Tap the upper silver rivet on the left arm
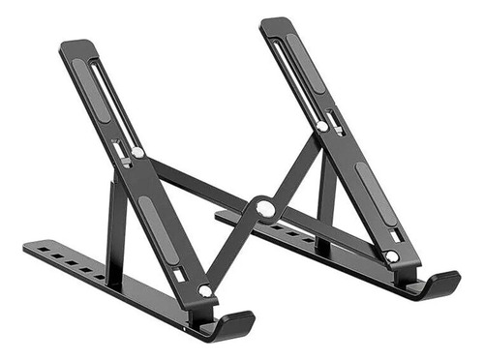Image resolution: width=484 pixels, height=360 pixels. coord(138,152)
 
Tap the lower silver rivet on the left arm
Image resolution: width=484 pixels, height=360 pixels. coord(204,290)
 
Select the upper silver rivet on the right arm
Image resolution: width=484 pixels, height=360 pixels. coord(321,125)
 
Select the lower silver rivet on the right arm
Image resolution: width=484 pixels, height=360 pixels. coord(391,255)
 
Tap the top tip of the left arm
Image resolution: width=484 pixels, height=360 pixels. coord(75,45)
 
